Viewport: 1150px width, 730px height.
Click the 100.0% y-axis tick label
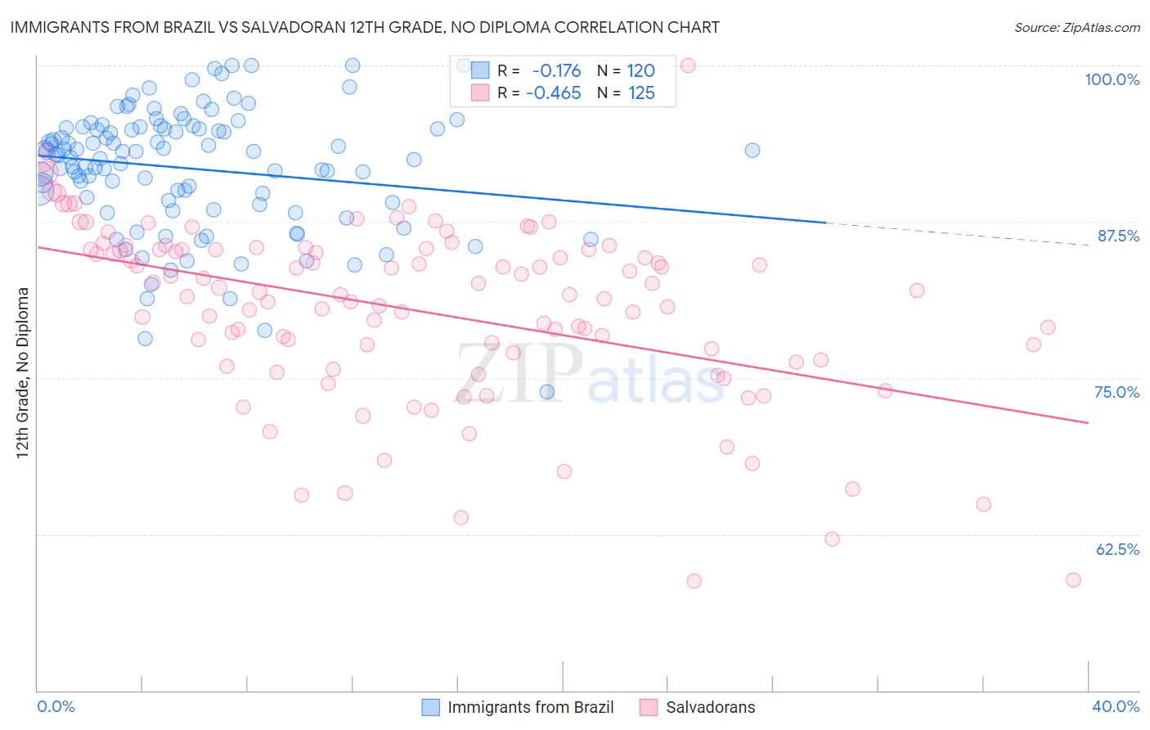tap(1112, 79)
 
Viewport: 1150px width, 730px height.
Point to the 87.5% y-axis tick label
tap(1117, 236)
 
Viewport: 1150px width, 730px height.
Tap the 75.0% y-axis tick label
tap(1116, 392)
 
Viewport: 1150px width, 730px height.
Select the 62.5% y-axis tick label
tap(1117, 549)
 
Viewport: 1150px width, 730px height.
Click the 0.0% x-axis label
tap(56, 706)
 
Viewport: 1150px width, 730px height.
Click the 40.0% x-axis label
tap(1116, 706)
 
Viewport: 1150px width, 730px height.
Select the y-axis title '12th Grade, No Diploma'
tap(23, 372)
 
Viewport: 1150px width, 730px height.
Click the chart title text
tap(365, 27)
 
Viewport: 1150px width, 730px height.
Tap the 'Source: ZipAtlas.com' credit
tap(1076, 27)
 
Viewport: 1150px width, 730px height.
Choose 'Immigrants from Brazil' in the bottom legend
tap(530, 707)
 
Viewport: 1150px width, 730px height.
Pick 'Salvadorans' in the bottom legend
tap(710, 707)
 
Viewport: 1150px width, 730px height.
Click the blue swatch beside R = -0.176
tap(480, 70)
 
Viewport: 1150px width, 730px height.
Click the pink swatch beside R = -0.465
tap(480, 93)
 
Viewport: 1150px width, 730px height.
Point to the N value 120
tap(641, 70)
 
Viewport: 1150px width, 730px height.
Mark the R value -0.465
tap(554, 93)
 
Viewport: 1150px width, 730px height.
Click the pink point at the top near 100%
tap(688, 65)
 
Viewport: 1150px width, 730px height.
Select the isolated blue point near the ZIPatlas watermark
tap(547, 392)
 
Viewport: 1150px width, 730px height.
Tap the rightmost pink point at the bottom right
tap(1073, 579)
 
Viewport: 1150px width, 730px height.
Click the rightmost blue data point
tap(752, 150)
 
